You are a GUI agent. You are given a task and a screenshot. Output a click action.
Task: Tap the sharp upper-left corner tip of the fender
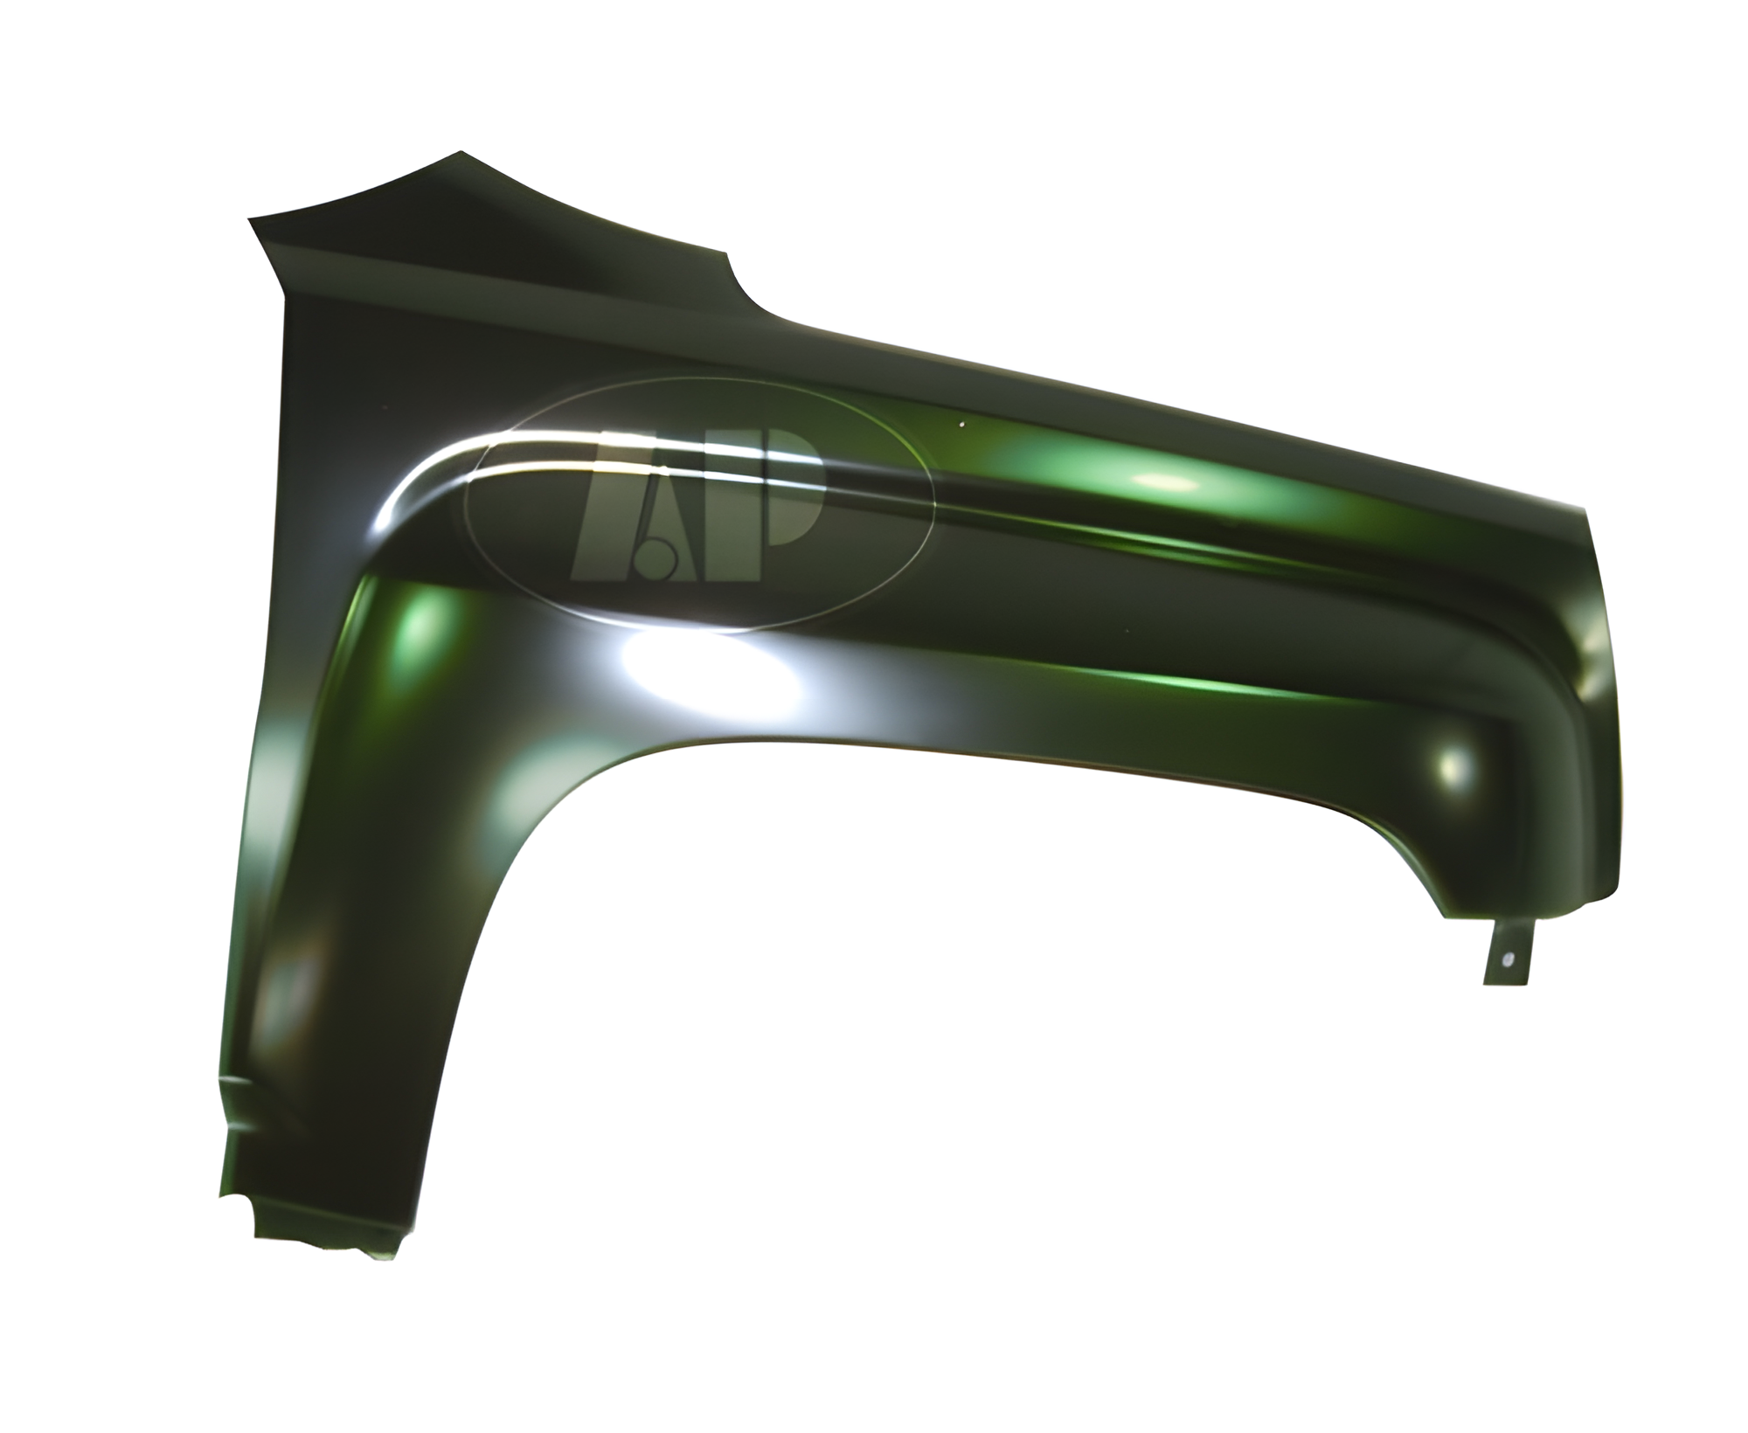pos(250,218)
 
